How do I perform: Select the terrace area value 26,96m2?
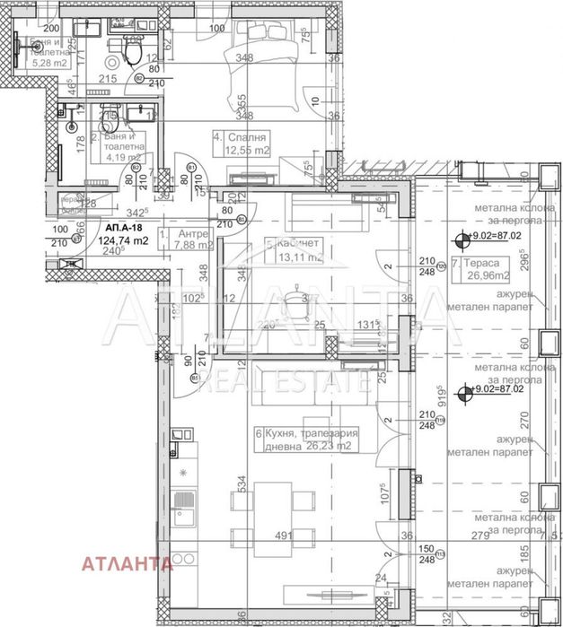483,276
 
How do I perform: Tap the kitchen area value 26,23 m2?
330,447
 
